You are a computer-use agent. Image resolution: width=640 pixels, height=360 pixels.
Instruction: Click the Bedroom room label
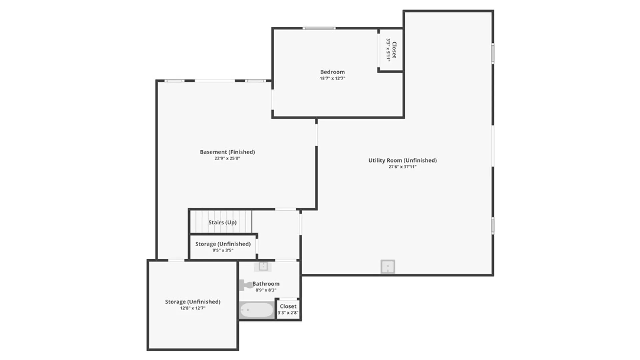tap(332, 72)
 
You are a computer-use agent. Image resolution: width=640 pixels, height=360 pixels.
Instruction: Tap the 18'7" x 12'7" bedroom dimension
tap(332, 79)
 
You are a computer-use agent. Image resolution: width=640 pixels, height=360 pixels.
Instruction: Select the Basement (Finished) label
tap(227, 152)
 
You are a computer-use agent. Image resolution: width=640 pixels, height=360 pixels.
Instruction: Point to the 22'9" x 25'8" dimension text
tap(227, 159)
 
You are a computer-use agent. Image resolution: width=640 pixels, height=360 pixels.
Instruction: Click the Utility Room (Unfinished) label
tap(402, 160)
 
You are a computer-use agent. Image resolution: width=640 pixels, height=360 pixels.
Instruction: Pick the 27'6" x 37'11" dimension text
tap(402, 167)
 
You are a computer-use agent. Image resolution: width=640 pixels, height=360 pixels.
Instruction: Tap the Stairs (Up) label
tap(222, 222)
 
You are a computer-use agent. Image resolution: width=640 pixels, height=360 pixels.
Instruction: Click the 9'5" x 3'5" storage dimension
tap(223, 250)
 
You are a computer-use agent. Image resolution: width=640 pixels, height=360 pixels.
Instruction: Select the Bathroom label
tap(266, 284)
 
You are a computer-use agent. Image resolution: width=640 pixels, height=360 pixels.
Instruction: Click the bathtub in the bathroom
tap(257, 310)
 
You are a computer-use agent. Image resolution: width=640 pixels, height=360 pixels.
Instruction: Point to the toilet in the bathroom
tap(246, 285)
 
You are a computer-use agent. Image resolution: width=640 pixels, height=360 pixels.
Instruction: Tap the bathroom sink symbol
tap(263, 266)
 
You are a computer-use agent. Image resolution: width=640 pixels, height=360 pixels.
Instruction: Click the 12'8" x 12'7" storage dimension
tap(193, 308)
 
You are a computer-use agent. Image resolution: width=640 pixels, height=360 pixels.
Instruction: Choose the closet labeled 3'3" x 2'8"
tap(288, 309)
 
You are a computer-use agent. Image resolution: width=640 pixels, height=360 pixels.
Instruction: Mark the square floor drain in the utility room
tap(388, 267)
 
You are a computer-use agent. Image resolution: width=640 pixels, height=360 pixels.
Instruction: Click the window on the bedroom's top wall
tap(319, 28)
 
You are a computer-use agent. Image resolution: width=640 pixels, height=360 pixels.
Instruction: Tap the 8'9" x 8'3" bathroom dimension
tap(266, 290)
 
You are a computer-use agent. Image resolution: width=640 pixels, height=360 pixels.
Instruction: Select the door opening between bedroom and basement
tap(273, 99)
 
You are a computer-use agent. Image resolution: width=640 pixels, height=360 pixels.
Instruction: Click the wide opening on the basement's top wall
tap(215, 81)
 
